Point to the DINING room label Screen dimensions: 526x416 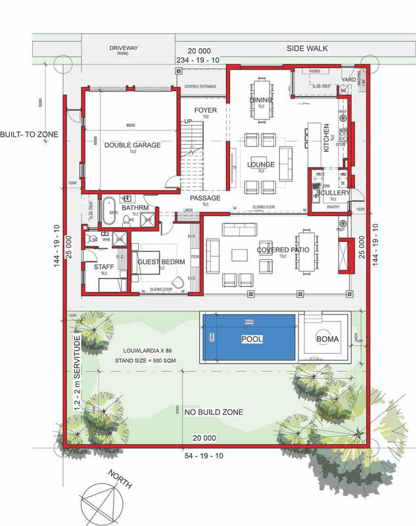click(257, 99)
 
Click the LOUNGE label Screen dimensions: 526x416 click(260, 164)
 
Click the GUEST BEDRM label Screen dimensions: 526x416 click(160, 262)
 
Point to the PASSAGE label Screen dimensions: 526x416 click(205, 198)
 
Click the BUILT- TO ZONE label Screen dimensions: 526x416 click(30, 134)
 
